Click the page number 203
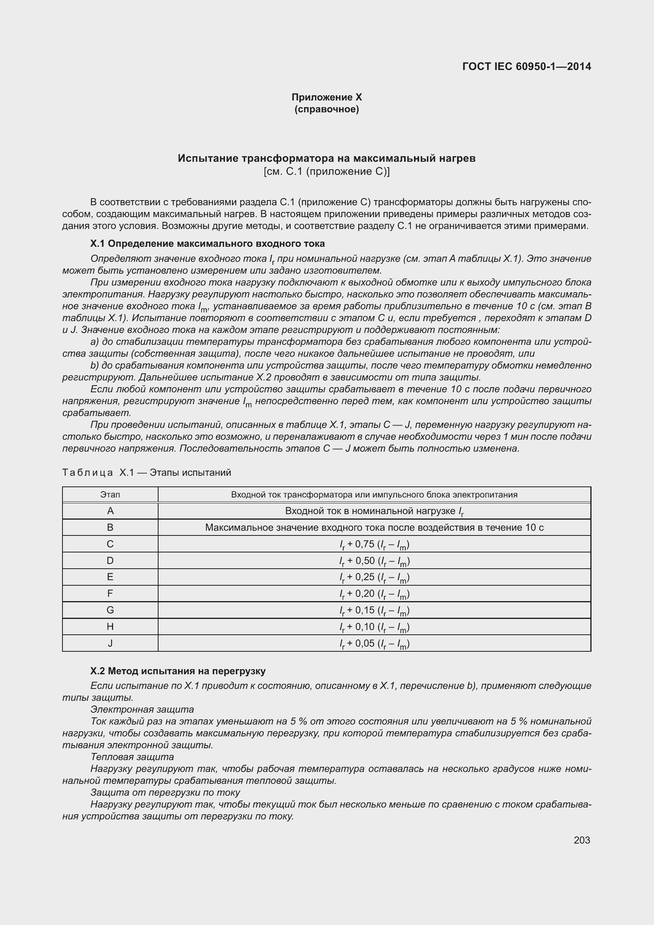coord(582,840)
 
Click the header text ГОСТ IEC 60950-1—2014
coord(527,66)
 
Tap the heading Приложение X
coord(327,97)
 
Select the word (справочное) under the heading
coord(327,109)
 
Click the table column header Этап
coord(110,494)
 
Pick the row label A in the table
coord(110,511)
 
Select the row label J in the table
coord(110,643)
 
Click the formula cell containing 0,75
coord(374,544)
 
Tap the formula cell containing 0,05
coord(374,643)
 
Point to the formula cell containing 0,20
coord(374,594)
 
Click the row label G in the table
coord(110,610)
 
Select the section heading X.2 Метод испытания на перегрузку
coord(178,671)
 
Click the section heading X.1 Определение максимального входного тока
coord(208,243)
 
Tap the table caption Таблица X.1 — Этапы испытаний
coord(147,472)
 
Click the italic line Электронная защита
coord(142,709)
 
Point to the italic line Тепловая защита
coord(132,757)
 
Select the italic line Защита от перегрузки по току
coord(165,792)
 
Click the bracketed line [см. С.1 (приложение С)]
coord(327,172)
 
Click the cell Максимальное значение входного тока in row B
coord(374,528)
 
